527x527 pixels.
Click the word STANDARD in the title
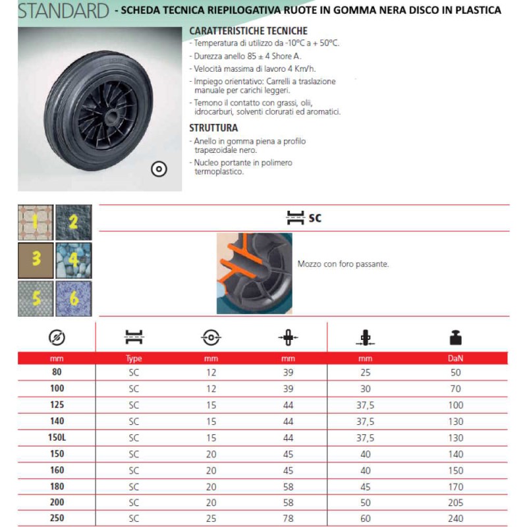pyautogui.click(x=63, y=11)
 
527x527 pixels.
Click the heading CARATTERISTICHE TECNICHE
pyautogui.click(x=248, y=31)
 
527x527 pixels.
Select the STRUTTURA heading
pyautogui.click(x=213, y=128)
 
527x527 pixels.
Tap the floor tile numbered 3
pyautogui.click(x=36, y=260)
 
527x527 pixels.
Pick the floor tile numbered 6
pyautogui.click(x=74, y=298)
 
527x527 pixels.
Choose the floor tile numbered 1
pyautogui.click(x=36, y=222)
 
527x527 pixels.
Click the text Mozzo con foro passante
pyautogui.click(x=343, y=263)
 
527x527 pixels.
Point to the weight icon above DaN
pyautogui.click(x=456, y=338)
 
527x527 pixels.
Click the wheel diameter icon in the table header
pyautogui.click(x=57, y=338)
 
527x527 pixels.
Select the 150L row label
pyautogui.click(x=57, y=437)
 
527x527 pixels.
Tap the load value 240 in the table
pyautogui.click(x=456, y=518)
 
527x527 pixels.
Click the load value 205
pyautogui.click(x=456, y=502)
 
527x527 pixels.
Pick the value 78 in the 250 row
pyautogui.click(x=288, y=518)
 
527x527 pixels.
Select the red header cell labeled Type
pyautogui.click(x=134, y=359)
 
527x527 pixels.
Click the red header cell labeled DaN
pyautogui.click(x=456, y=359)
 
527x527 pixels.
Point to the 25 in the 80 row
pyautogui.click(x=366, y=372)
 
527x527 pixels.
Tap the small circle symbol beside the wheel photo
pyautogui.click(x=159, y=169)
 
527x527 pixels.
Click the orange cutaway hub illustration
pyautogui.click(x=254, y=263)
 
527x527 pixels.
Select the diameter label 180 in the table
pyautogui.click(x=57, y=486)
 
